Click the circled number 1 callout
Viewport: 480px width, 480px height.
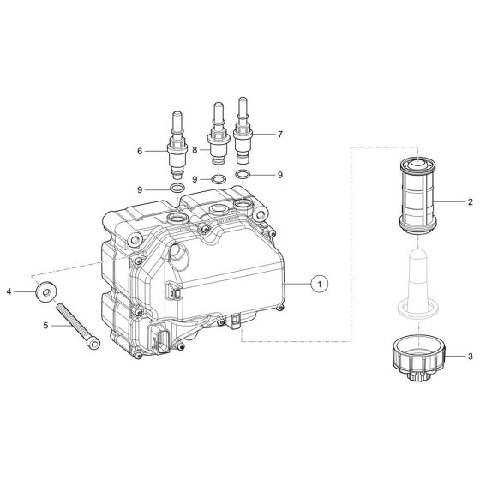[319, 281]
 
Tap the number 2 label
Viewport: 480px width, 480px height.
[471, 202]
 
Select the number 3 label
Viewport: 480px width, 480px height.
[471, 355]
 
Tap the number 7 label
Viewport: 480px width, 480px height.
[279, 135]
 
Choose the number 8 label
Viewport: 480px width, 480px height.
[195, 150]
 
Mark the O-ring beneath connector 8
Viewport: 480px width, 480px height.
[219, 179]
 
